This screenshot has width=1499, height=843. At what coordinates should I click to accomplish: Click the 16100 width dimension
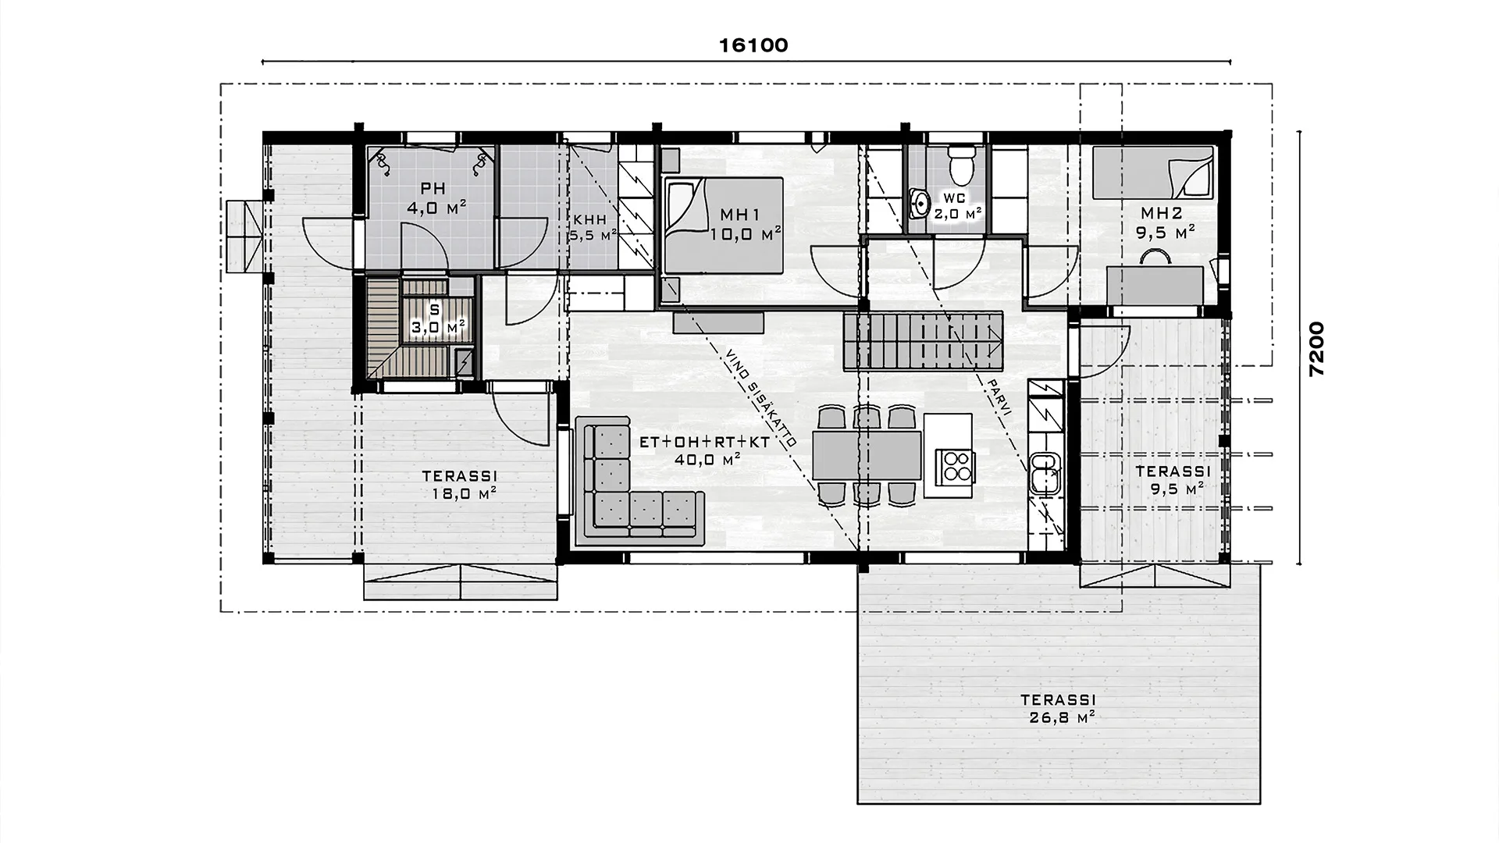click(753, 45)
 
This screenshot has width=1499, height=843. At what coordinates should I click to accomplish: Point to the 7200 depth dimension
click(1317, 349)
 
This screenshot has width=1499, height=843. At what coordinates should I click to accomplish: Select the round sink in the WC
click(921, 205)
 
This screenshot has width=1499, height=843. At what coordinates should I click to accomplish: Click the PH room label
click(433, 188)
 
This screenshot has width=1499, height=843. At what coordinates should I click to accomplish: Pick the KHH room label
click(590, 219)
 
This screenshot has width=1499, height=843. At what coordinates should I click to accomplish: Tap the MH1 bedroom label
click(740, 214)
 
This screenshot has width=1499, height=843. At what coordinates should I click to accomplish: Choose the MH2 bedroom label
click(1161, 213)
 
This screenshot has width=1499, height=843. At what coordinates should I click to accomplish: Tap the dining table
click(867, 456)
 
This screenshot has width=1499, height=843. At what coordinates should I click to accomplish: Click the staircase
click(923, 341)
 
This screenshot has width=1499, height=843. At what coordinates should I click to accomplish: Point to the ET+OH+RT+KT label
click(705, 442)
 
